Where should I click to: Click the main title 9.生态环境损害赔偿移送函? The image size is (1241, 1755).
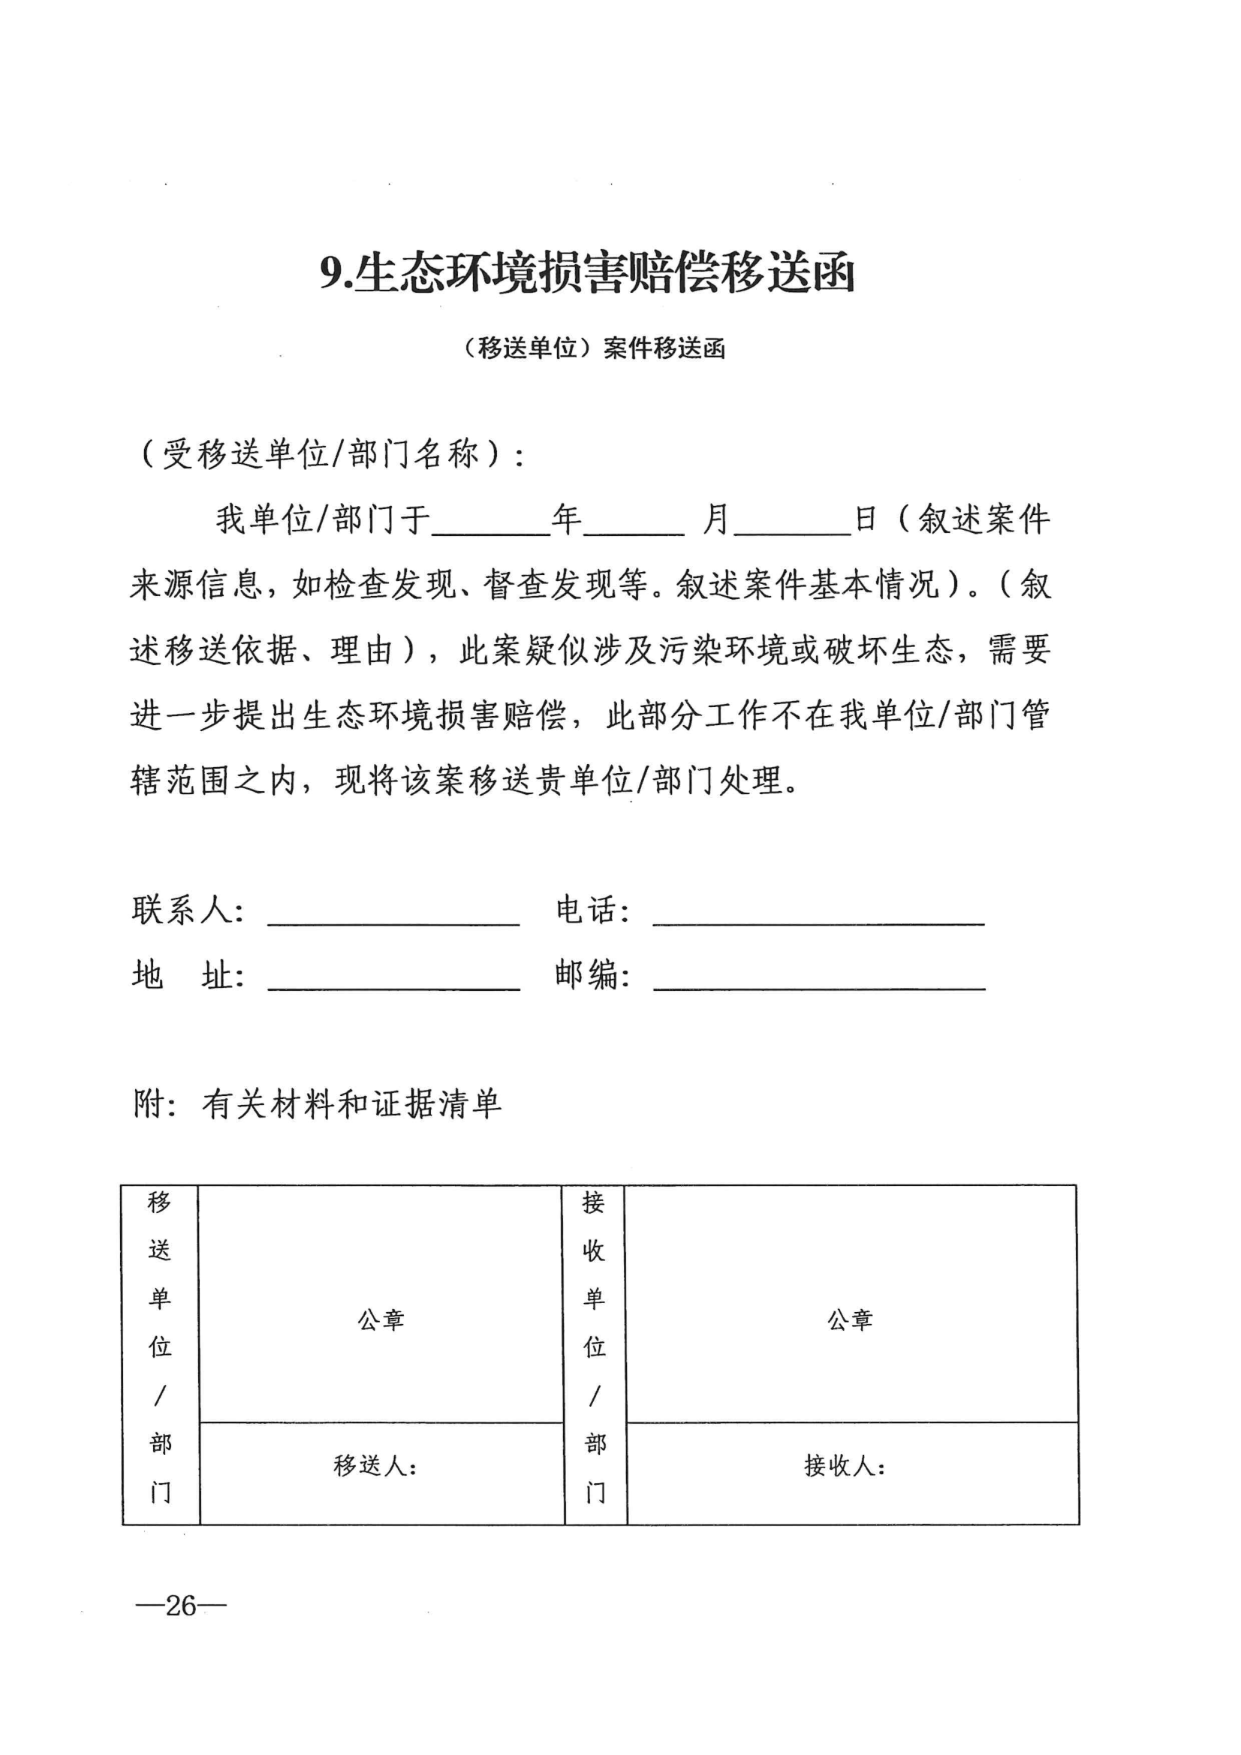(586, 273)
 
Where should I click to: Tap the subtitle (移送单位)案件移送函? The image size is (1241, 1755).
(593, 348)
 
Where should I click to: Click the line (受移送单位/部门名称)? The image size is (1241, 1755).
(333, 455)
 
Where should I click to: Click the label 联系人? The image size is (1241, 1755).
(188, 911)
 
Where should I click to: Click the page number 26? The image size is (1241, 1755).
(181, 1606)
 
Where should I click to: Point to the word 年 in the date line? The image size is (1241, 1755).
(567, 519)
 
